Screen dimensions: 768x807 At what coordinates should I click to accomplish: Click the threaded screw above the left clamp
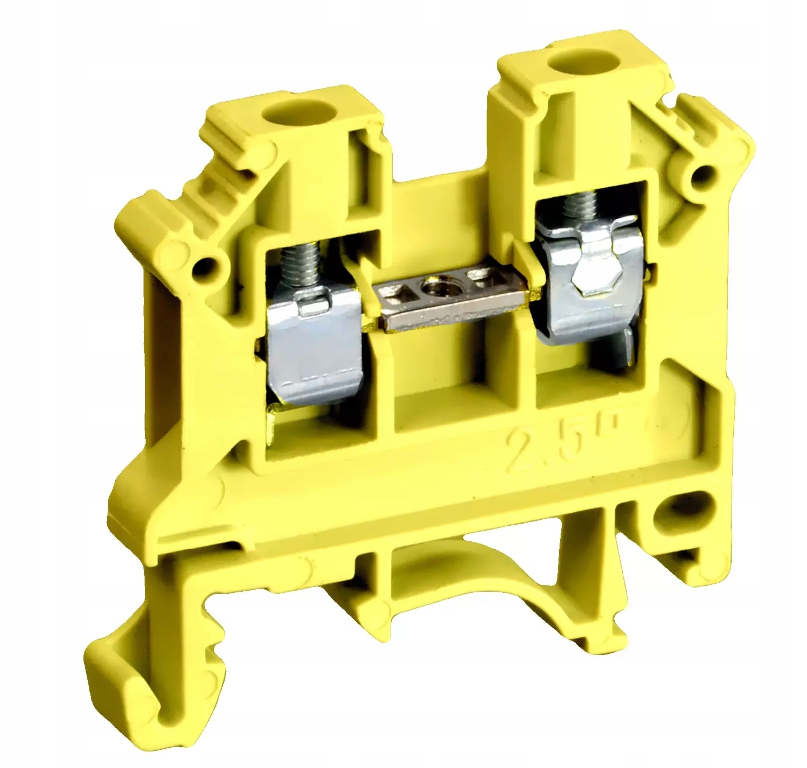pyautogui.click(x=290, y=269)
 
